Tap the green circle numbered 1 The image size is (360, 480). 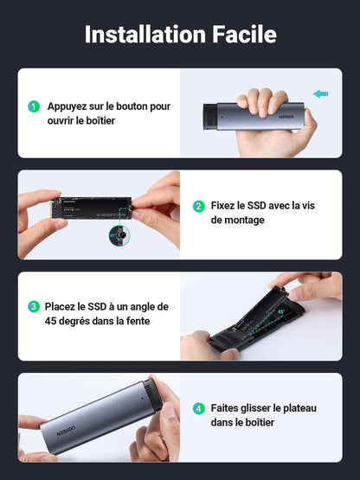click(34, 106)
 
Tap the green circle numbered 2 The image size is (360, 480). click(198, 207)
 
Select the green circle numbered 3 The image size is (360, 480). click(34, 306)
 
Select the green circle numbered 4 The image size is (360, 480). click(198, 407)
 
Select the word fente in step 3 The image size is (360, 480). click(135, 320)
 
